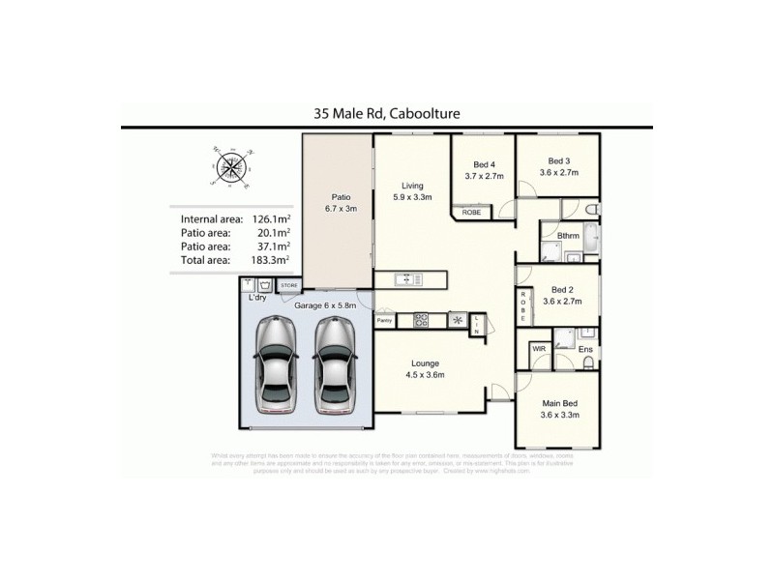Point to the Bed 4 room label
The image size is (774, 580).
(x=484, y=163)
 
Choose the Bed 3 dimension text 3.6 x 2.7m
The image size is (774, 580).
(x=558, y=173)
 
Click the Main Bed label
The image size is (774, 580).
(x=559, y=402)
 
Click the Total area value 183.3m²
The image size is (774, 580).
(x=271, y=261)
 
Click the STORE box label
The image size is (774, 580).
(x=289, y=286)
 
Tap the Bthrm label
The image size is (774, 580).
(x=568, y=235)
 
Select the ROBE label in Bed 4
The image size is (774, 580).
(x=472, y=212)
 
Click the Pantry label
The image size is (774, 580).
(x=384, y=319)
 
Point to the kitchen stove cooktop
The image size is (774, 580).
(x=422, y=319)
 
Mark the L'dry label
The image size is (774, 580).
(x=257, y=298)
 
